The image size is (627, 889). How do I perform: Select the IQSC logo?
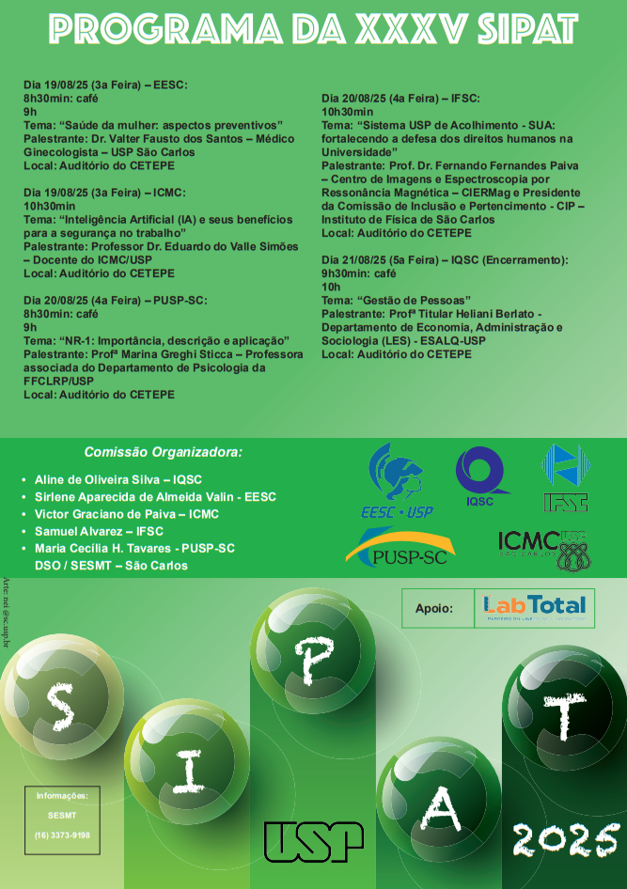point(479,477)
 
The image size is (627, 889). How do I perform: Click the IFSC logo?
point(565,477)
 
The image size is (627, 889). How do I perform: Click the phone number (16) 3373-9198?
point(62,834)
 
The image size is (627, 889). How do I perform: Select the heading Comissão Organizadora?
point(163,452)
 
